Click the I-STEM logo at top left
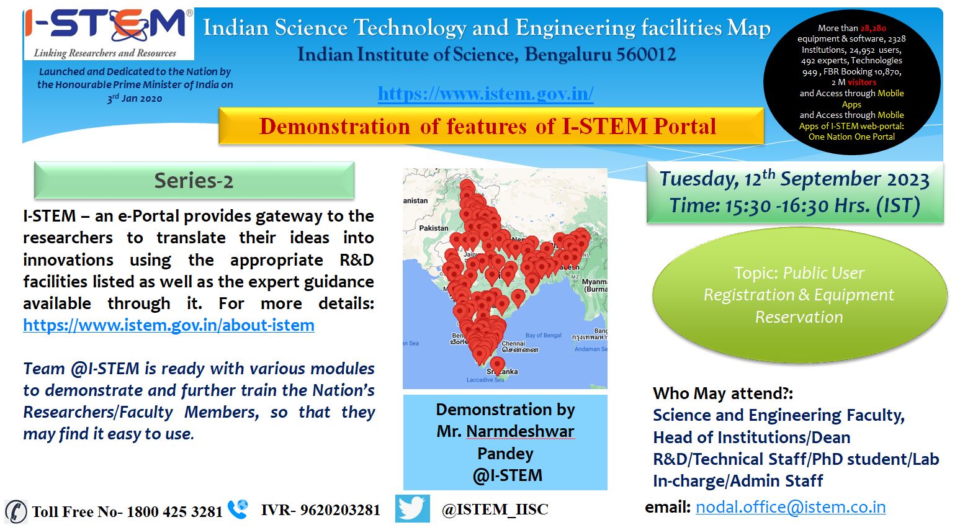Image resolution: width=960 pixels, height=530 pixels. coord(109,34)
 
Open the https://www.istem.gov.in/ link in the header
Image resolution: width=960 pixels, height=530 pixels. coord(485,94)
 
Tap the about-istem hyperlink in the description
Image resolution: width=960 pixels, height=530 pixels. coord(168,325)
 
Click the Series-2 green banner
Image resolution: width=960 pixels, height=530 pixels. coord(194,181)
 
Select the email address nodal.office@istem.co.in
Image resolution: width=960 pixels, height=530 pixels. coord(791,507)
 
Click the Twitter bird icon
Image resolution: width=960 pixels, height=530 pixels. coord(412,508)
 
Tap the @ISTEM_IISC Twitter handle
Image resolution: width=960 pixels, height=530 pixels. coord(495,510)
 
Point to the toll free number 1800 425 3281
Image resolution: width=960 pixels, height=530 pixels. coord(174,511)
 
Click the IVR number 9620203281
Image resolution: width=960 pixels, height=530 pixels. coord(340,510)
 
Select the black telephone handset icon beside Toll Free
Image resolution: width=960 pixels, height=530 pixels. coord(16,511)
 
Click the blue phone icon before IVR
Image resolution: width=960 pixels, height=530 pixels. coord(238,510)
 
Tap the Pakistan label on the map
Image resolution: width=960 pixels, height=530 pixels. coord(433,228)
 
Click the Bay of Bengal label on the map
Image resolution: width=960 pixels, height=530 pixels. coord(543,335)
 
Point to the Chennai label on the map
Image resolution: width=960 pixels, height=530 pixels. coord(513,343)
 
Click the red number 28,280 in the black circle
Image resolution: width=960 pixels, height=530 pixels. coord(873,29)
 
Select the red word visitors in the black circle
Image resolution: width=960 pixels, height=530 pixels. coord(862,83)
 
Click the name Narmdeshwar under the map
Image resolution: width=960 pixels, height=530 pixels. coord(520,431)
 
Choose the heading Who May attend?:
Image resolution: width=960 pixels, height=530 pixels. coord(723,393)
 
